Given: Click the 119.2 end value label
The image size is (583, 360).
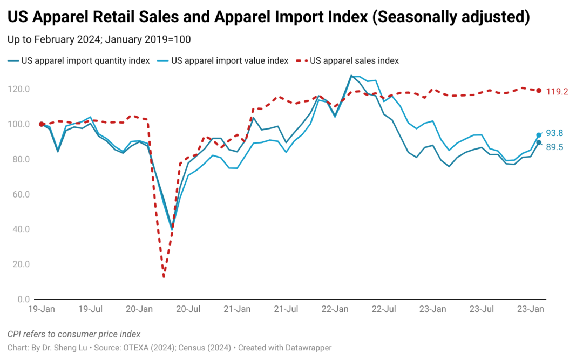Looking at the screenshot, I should coord(557,92).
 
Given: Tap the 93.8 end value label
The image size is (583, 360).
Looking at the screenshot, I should coord(555,133).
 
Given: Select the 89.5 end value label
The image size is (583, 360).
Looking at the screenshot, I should coord(555,147).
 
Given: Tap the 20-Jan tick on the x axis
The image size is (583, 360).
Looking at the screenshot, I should coord(139,309).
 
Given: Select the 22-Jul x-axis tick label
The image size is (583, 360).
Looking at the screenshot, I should coord(384,309).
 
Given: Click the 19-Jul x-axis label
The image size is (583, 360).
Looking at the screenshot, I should coord(91,309).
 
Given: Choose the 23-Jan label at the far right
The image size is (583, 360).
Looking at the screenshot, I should coord(531,309).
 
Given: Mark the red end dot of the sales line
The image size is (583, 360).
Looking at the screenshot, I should coord(539,91).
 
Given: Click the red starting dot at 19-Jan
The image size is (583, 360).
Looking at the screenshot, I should coord(42,124).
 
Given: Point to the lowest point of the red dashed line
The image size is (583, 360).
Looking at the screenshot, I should coord(164,277).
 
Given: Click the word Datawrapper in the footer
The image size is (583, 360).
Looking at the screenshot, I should coord(307,348).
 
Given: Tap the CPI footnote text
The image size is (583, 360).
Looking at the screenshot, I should coord(74,334).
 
